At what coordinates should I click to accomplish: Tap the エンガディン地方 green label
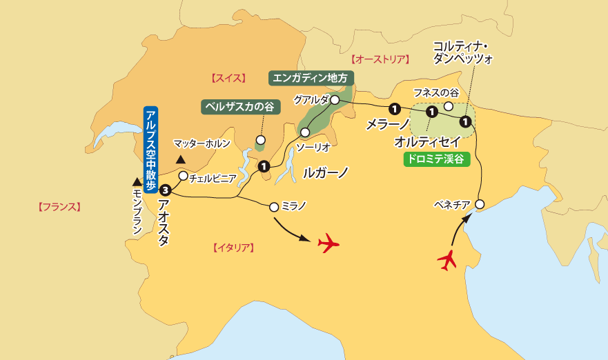[311, 77]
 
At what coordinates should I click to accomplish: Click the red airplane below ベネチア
[449, 260]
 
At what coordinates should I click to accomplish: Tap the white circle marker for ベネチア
[480, 203]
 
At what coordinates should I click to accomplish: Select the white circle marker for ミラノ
[275, 206]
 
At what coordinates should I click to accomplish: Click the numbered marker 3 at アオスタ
[165, 190]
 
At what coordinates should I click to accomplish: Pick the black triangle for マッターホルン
[182, 160]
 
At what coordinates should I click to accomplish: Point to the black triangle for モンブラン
[136, 182]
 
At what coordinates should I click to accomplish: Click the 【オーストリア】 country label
[380, 59]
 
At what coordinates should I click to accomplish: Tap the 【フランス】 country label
[60, 206]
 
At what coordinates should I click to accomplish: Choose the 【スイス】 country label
[225, 79]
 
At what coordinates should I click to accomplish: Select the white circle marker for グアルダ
[335, 100]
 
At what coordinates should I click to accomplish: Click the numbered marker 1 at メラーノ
[394, 108]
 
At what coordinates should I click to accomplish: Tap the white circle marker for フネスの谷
[448, 106]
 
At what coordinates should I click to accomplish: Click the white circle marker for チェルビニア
[183, 176]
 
